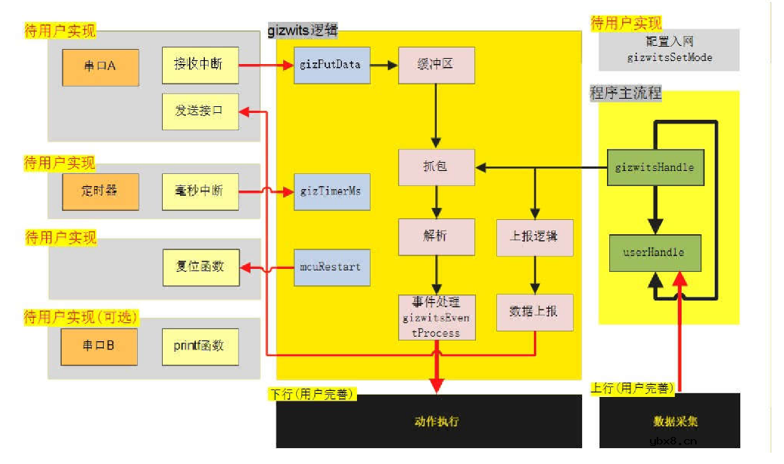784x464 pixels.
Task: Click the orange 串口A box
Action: pos(99,66)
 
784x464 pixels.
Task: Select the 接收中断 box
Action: pos(200,65)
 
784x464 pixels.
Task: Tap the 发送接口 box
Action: pos(200,111)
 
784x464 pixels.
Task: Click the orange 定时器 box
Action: pos(99,191)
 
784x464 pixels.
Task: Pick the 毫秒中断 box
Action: pos(200,191)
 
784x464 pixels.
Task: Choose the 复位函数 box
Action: pos(201,267)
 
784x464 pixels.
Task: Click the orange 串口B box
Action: pos(99,346)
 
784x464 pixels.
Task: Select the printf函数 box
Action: pos(200,346)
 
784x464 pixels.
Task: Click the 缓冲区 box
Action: pos(436,65)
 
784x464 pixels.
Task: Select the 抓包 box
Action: pos(436,166)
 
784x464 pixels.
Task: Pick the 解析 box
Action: pos(436,237)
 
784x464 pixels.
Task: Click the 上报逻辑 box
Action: pos(535,237)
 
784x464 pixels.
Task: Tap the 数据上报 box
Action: pos(535,311)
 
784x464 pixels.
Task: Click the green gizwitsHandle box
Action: pos(654,166)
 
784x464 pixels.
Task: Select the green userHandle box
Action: pos(654,252)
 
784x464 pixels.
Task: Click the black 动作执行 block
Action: pos(436,421)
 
